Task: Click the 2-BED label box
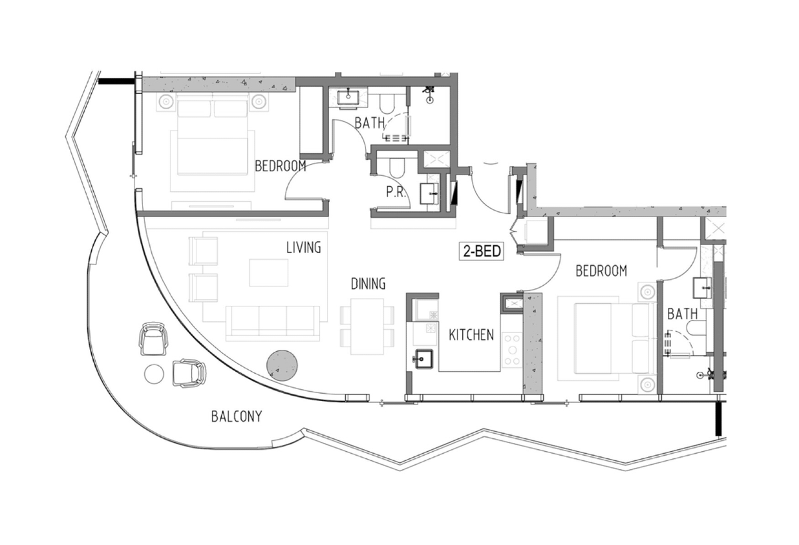click(x=481, y=251)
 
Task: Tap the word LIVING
click(x=304, y=247)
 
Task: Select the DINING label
click(x=368, y=284)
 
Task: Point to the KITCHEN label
click(x=471, y=334)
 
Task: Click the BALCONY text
click(x=236, y=416)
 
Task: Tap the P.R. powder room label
click(x=396, y=193)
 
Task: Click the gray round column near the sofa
click(x=282, y=366)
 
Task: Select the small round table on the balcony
click(x=154, y=374)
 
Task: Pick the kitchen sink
click(x=423, y=359)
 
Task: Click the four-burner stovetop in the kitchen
click(x=512, y=350)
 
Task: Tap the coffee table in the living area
click(x=268, y=272)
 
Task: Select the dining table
click(x=367, y=326)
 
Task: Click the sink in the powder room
click(x=429, y=193)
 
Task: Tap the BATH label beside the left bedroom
click(x=370, y=123)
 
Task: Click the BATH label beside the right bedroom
click(x=682, y=314)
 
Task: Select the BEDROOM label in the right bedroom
click(x=601, y=271)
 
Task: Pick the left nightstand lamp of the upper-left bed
click(x=166, y=102)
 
